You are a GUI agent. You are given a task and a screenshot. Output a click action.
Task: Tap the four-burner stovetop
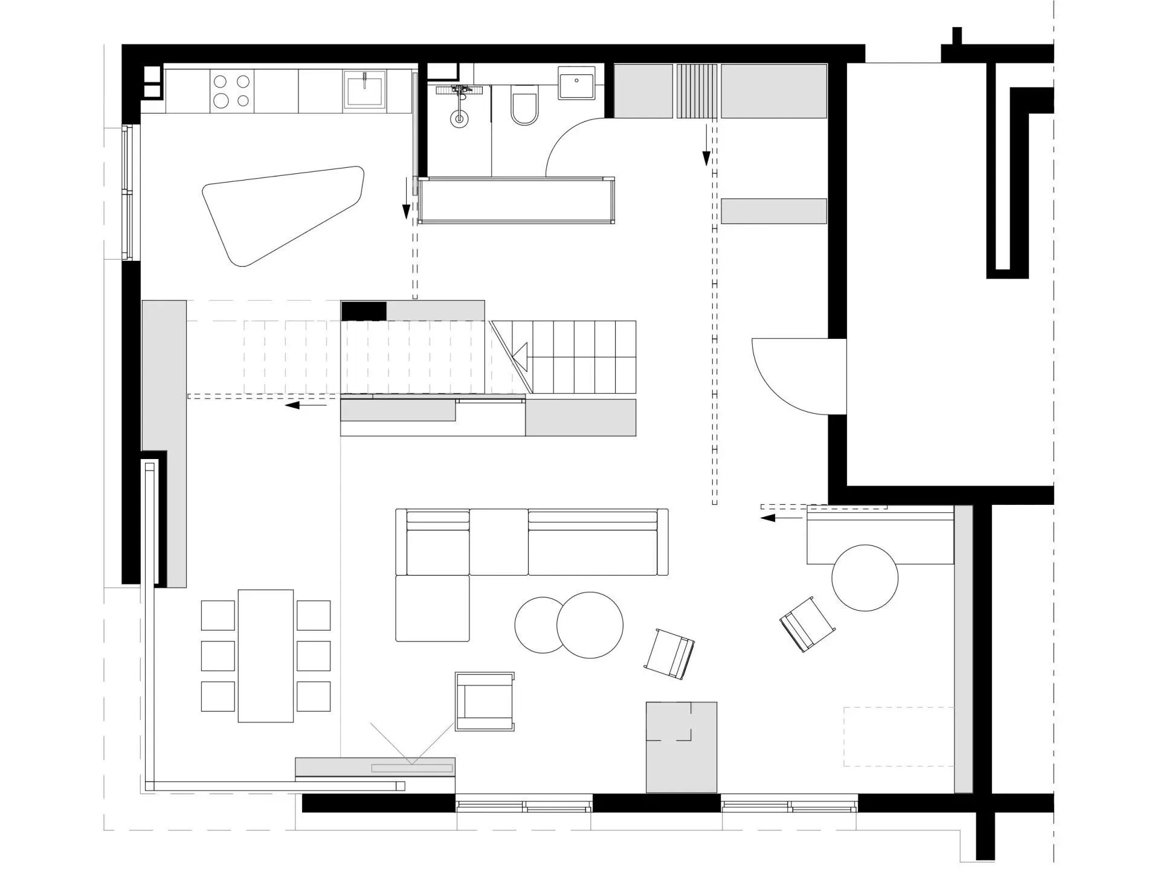[x=232, y=91]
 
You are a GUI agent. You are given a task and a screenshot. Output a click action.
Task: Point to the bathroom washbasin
[x=576, y=83]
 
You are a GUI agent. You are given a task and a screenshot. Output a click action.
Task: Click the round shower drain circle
[x=459, y=118]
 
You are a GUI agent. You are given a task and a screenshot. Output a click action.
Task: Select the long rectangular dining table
[x=265, y=655]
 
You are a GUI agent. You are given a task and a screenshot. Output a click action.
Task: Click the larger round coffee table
[x=590, y=625]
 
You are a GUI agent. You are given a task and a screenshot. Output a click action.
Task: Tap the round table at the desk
[x=865, y=578]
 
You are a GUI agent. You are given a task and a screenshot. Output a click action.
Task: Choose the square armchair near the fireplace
[x=485, y=701]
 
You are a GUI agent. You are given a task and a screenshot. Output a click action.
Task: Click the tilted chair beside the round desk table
[x=807, y=624]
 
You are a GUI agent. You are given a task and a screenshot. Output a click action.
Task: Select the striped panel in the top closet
[x=697, y=91]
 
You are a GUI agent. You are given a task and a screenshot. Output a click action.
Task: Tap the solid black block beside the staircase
[x=364, y=310]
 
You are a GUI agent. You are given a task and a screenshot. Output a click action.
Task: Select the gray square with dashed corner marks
[x=681, y=747]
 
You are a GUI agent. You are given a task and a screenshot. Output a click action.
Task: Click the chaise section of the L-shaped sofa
[x=433, y=608]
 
